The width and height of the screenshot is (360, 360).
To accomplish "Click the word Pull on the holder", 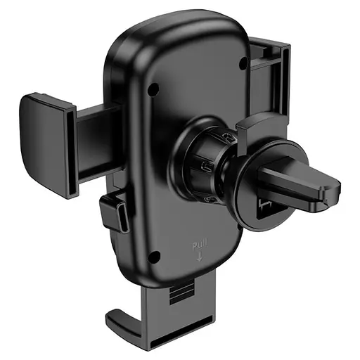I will tap(198, 245).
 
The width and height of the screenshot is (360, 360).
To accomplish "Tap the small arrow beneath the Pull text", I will tap(198, 257).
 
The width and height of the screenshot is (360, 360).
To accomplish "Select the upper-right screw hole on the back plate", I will tap(243, 63).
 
